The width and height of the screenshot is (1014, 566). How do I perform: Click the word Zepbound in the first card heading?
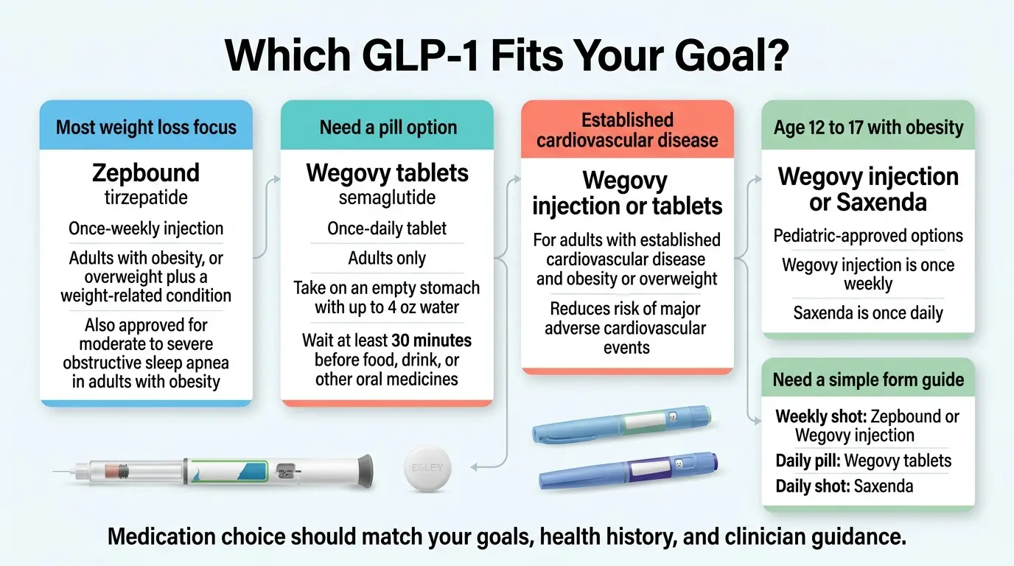click(146, 173)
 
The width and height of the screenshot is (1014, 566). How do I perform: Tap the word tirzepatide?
click(146, 198)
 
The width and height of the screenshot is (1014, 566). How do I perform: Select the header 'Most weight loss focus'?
click(146, 127)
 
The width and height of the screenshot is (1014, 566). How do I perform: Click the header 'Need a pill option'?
click(388, 127)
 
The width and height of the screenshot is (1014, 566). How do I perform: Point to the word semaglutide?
click(387, 198)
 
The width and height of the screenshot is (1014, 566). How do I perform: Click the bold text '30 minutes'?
click(431, 340)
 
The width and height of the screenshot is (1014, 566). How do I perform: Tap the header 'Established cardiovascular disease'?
click(627, 130)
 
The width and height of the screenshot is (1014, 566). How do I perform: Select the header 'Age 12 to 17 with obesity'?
click(868, 127)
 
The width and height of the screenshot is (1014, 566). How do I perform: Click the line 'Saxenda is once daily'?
click(868, 313)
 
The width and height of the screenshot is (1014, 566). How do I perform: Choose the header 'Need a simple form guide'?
click(868, 380)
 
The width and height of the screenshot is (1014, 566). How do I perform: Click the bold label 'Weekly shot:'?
click(821, 416)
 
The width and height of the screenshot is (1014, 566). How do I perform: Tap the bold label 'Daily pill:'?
click(808, 461)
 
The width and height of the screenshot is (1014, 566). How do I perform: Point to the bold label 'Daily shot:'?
click(812, 486)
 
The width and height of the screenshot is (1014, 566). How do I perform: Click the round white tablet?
click(427, 468)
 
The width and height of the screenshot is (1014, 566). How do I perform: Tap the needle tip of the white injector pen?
click(53, 472)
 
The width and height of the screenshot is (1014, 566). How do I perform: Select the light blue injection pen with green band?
click(621, 424)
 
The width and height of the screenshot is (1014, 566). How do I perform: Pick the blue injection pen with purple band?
click(629, 470)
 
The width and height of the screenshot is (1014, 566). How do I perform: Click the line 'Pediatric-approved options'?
click(868, 236)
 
